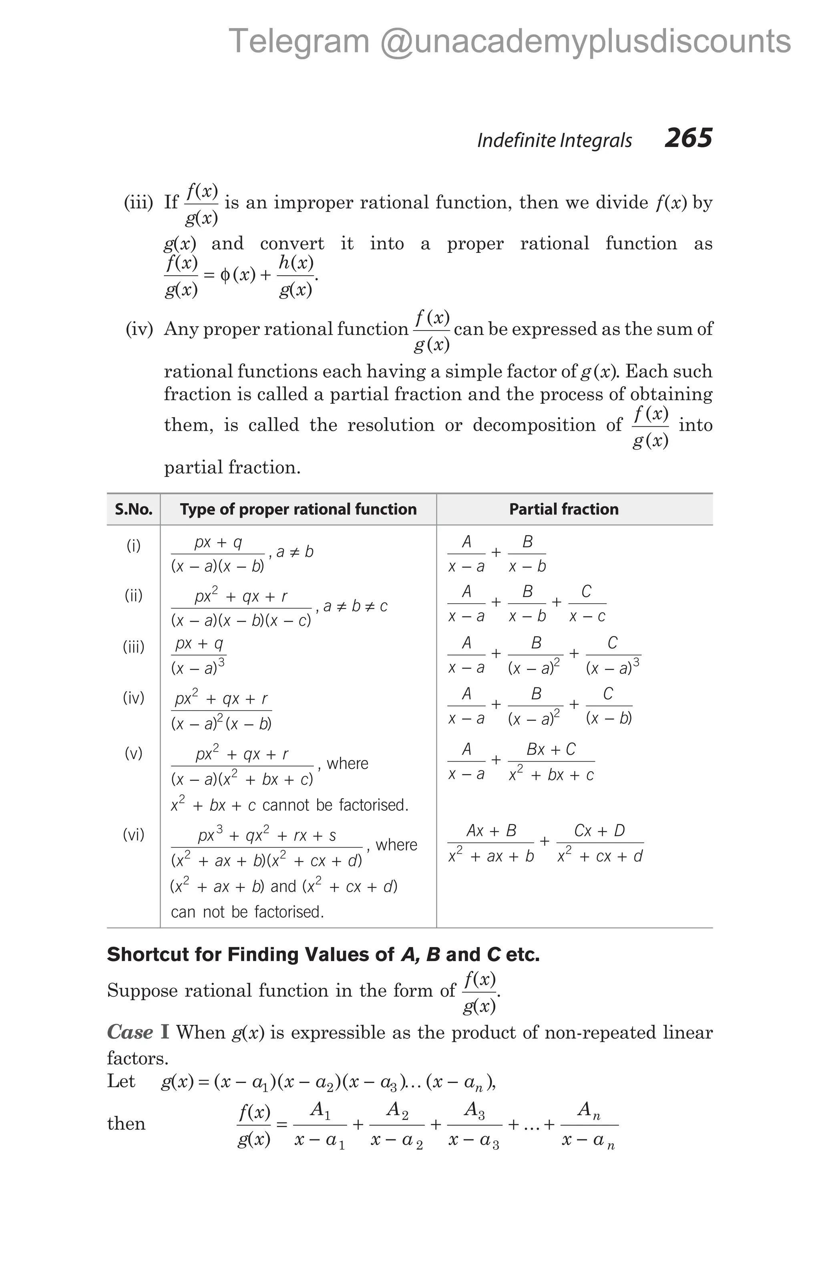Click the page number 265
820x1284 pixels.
(x=688, y=138)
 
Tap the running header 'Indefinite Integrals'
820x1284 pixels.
(x=554, y=141)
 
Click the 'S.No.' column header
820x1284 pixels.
(x=134, y=509)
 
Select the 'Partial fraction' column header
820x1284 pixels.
(x=564, y=509)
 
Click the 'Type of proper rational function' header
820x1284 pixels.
(x=298, y=509)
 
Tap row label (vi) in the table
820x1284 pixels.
(x=134, y=834)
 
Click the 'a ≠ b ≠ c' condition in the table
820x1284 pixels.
(x=356, y=606)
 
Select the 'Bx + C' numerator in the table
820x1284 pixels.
(x=551, y=749)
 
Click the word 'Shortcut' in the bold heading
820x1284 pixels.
(x=147, y=954)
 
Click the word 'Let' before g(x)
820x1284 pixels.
(x=121, y=1081)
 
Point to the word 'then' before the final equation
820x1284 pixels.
(x=126, y=1123)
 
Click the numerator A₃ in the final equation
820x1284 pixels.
(x=474, y=1110)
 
